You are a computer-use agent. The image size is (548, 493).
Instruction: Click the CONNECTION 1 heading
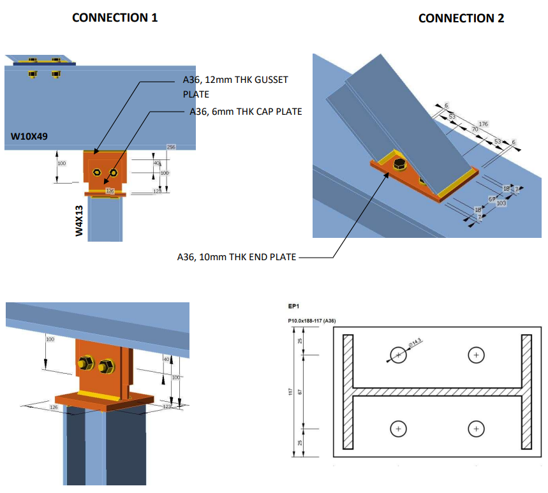pyautogui.click(x=115, y=18)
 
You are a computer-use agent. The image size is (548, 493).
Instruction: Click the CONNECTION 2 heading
pyautogui.click(x=461, y=18)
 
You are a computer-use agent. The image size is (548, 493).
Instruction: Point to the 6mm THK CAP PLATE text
pyautogui.click(x=246, y=111)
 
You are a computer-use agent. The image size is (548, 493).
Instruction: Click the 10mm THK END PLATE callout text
pyautogui.click(x=237, y=257)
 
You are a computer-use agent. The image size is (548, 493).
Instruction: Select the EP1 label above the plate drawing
pyautogui.click(x=293, y=307)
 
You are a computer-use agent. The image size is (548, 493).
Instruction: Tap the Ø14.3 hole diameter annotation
pyautogui.click(x=416, y=344)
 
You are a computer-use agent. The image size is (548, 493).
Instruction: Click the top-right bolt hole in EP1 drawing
pyautogui.click(x=475, y=355)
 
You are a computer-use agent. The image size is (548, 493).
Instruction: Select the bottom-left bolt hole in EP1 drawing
pyautogui.click(x=398, y=429)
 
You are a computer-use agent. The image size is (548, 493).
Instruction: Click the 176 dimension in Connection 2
pyautogui.click(x=483, y=124)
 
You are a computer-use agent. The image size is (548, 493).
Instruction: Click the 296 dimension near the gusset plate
pyautogui.click(x=171, y=147)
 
